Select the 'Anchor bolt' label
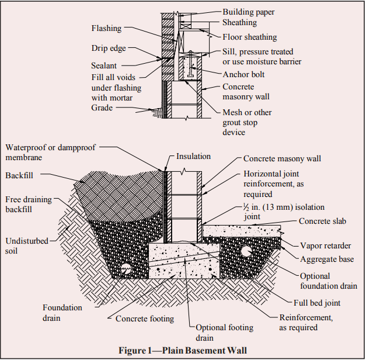point(243,74)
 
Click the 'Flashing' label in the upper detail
point(106,27)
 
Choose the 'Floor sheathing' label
point(252,37)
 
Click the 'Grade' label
point(103,108)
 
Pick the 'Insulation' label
point(193,157)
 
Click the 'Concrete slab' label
point(323,221)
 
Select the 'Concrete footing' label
point(144,319)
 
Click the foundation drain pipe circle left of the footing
point(126,269)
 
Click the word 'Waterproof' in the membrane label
point(25,148)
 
